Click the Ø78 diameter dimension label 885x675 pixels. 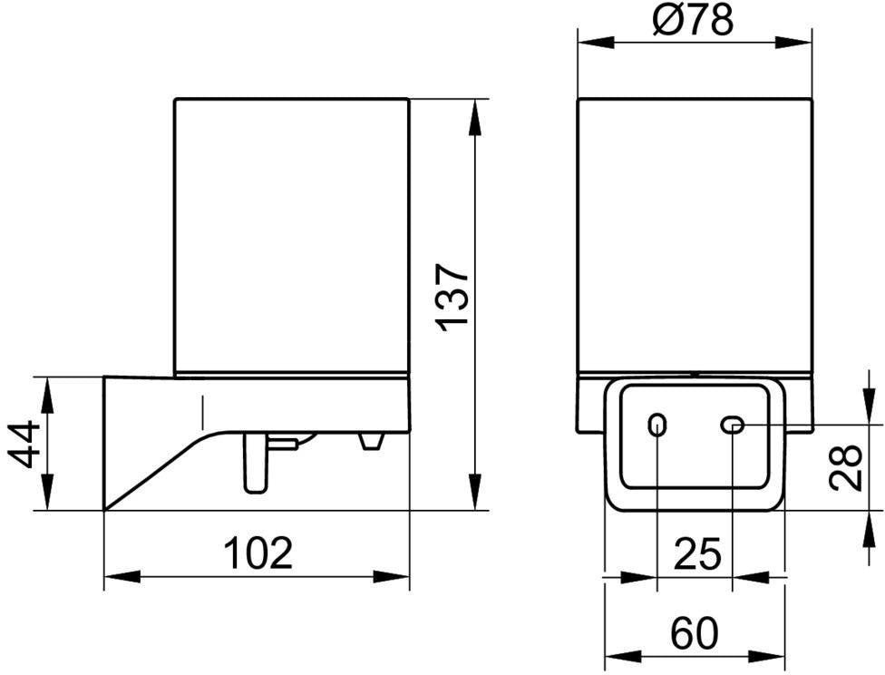click(693, 21)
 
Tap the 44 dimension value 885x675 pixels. click(25, 444)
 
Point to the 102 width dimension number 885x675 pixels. click(258, 553)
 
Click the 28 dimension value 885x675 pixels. click(846, 467)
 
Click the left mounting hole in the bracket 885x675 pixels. click(657, 424)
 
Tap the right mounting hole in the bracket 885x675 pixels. click(734, 425)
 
